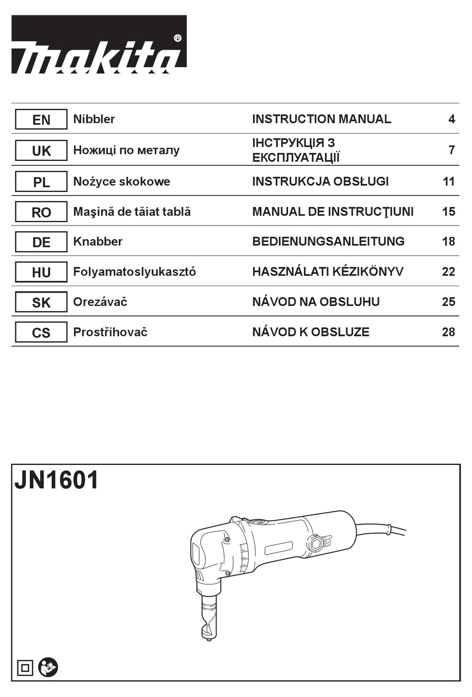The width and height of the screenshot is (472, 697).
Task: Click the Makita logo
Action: click(99, 45)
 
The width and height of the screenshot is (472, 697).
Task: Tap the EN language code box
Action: click(41, 120)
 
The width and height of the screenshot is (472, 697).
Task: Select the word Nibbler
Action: click(94, 119)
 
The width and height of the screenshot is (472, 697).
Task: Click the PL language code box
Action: click(41, 182)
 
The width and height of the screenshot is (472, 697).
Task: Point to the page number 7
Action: click(451, 150)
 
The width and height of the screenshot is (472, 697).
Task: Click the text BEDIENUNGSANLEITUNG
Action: click(328, 241)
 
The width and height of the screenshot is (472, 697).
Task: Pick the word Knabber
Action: click(97, 241)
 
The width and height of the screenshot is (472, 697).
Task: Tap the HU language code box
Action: click(41, 272)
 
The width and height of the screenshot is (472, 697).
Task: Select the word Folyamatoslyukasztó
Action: click(134, 272)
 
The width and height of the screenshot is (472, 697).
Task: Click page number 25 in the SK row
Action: click(448, 302)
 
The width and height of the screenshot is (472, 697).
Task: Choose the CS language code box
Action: click(41, 333)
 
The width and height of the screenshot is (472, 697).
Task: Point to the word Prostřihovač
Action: click(110, 332)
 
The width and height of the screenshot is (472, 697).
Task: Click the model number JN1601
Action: click(57, 481)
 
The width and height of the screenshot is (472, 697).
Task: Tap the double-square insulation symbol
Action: click(25, 668)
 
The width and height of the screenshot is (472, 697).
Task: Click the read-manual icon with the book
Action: click(48, 667)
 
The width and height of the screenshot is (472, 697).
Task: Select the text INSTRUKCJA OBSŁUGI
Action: click(320, 181)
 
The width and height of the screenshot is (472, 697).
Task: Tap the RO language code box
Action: click(41, 212)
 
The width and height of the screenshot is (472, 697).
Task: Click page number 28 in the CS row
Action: click(448, 332)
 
